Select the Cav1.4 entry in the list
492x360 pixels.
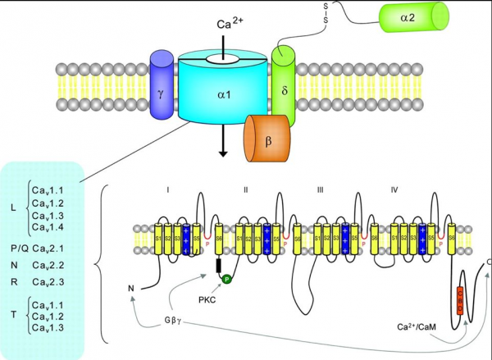(x=48, y=226)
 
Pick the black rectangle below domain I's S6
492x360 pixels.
(x=217, y=266)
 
